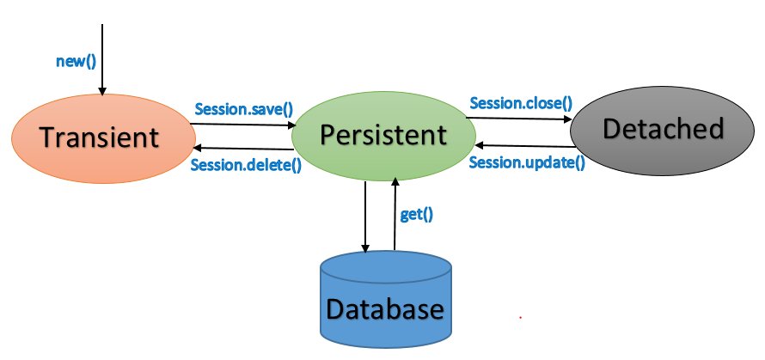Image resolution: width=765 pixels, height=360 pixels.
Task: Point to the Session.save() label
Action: tap(244, 109)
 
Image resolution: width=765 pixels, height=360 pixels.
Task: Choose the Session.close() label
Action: tap(520, 103)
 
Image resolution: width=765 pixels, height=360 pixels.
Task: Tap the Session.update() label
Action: tap(527, 162)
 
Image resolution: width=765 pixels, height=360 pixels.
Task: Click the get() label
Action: tap(416, 214)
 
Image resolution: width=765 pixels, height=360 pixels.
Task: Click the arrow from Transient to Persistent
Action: tap(242, 125)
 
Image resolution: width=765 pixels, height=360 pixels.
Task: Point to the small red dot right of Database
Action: tap(520, 318)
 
